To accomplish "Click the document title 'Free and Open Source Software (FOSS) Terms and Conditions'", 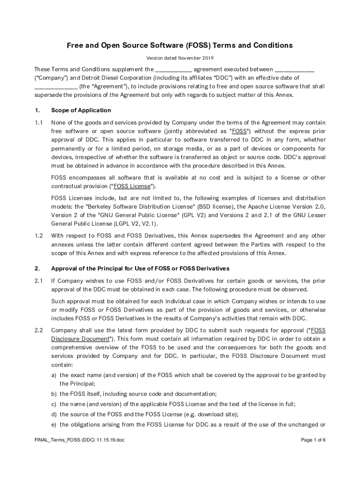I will coord(180,45).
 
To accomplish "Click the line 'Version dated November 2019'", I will coord(180,58).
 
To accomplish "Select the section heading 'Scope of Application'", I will coord(81,110).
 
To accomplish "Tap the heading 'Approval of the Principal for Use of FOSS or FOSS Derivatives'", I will coord(140,269).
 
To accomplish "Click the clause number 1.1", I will coord(39,123).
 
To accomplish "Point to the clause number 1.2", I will coord(39,236).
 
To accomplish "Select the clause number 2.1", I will coord(39,281).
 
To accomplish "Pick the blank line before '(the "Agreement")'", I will coord(56,87).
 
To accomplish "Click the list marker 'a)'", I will coord(54,375).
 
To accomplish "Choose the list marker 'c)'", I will coord(54,404).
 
